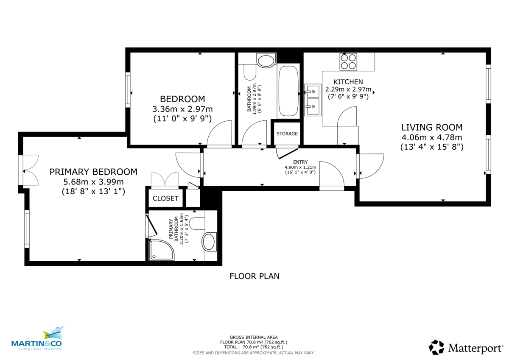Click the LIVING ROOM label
click(432, 127)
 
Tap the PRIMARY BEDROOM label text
click(93, 172)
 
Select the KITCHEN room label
click(348, 82)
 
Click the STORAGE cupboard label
click(287, 134)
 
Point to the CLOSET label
click(165, 198)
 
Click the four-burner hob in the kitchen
click(348, 61)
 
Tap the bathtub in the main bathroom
click(288, 92)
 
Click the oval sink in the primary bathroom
click(209, 242)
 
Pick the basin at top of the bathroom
click(266, 61)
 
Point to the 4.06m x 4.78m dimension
click(432, 137)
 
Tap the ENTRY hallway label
click(300, 162)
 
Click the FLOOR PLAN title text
click(254, 276)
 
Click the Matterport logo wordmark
click(475, 349)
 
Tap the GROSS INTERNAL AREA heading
click(254, 337)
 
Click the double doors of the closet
click(165, 180)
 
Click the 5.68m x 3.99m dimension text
click(93, 181)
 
